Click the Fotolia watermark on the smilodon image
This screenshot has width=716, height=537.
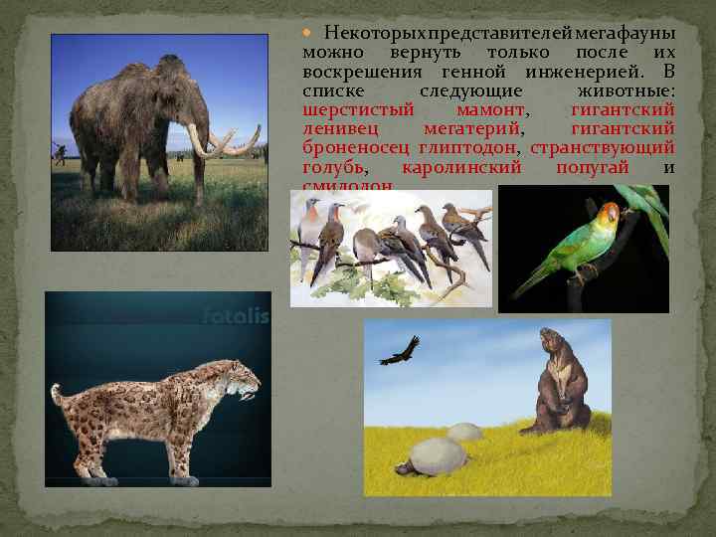(x=235, y=317)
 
